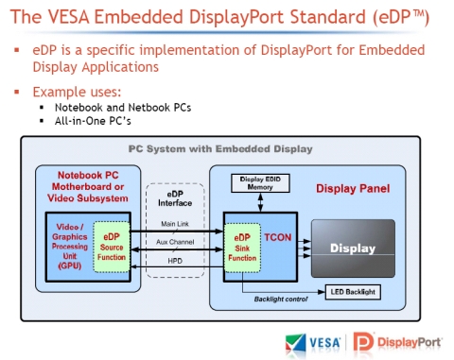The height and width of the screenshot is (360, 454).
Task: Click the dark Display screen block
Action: point(352,249)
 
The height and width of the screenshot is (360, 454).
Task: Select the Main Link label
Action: point(175,224)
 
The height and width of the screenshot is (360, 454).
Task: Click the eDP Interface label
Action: point(176,196)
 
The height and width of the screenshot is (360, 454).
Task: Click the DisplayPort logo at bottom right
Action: point(400,342)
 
